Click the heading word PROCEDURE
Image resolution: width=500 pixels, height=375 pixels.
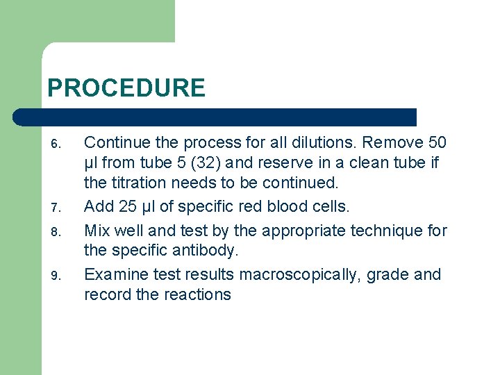pos(126,88)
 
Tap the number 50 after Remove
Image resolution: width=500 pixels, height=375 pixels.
pos(437,143)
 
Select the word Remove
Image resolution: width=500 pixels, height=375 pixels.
pos(393,143)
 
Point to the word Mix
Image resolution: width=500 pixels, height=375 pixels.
pos(98,230)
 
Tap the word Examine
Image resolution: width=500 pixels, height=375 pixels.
pos(115,274)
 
